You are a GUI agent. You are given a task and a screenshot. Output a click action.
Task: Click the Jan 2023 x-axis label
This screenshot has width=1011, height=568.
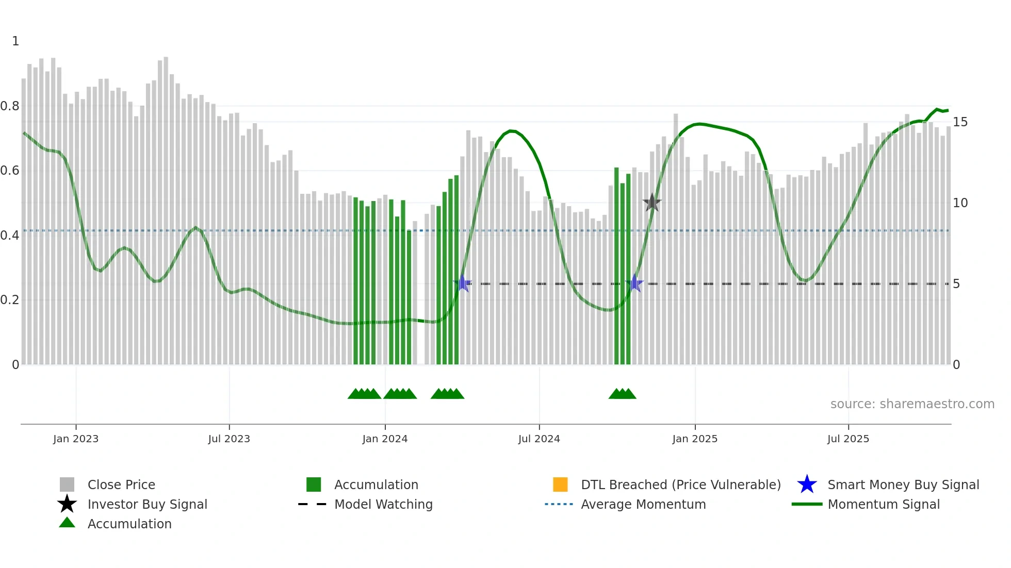tap(76, 439)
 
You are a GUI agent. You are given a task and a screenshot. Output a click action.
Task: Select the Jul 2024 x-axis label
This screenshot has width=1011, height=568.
tap(539, 439)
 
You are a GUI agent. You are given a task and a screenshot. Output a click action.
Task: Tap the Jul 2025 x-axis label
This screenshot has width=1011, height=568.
tap(848, 439)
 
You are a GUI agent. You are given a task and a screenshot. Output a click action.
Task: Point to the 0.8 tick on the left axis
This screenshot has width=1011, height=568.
tap(10, 106)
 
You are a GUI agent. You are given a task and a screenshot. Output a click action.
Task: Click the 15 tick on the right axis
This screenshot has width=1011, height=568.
tap(960, 122)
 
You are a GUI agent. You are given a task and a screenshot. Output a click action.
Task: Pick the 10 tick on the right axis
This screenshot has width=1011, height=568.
tap(960, 203)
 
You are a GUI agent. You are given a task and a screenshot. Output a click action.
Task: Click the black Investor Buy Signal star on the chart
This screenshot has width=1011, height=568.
tap(652, 203)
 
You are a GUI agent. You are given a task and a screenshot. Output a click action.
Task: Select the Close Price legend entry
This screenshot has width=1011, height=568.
tap(121, 485)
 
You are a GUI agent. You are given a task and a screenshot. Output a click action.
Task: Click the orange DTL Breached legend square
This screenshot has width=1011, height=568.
tap(560, 485)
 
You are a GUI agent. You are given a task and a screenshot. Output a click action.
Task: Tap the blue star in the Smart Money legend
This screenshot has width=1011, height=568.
tap(807, 485)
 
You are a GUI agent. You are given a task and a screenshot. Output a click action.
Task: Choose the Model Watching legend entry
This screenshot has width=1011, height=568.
tap(383, 504)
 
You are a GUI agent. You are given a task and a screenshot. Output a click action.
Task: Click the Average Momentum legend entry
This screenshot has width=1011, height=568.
tap(643, 504)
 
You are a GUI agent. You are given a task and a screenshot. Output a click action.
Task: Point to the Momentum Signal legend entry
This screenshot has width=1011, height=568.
tap(884, 504)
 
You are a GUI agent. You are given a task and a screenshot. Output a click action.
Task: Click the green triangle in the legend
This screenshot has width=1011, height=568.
tap(67, 523)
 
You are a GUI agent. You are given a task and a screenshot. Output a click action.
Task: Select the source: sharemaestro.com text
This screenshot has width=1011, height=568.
tap(912, 404)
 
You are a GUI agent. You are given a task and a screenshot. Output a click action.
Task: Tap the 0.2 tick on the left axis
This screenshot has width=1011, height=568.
tap(10, 300)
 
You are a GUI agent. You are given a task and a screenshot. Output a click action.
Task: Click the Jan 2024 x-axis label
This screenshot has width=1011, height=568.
tap(385, 439)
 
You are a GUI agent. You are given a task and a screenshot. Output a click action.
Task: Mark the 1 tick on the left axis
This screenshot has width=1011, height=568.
tap(15, 41)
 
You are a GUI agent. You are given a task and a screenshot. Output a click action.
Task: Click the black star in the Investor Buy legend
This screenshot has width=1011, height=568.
tap(67, 504)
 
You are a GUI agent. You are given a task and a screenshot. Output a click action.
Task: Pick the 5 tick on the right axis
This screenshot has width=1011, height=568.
tap(956, 284)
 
